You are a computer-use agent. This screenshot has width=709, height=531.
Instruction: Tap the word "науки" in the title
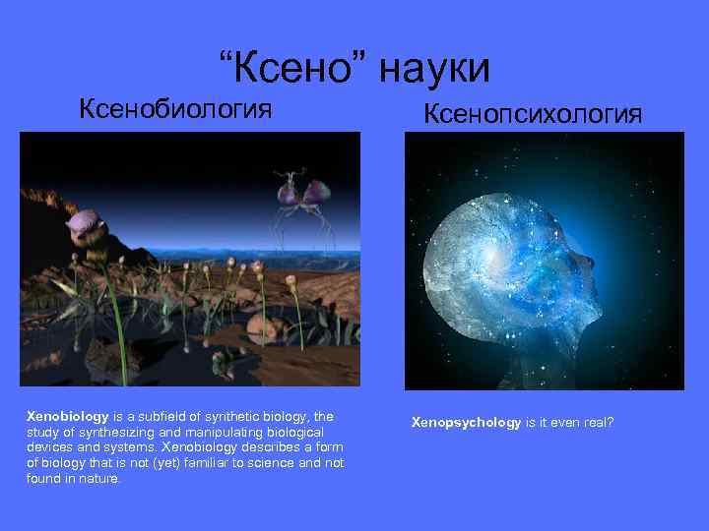click(432, 69)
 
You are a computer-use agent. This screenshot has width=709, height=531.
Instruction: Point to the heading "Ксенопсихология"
click(533, 114)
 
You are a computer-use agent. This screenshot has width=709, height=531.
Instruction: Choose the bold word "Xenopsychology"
click(466, 422)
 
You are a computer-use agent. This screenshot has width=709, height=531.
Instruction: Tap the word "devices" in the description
click(49, 447)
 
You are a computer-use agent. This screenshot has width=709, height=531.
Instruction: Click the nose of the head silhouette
click(594, 264)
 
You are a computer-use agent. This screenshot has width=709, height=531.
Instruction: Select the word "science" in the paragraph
click(265, 463)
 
